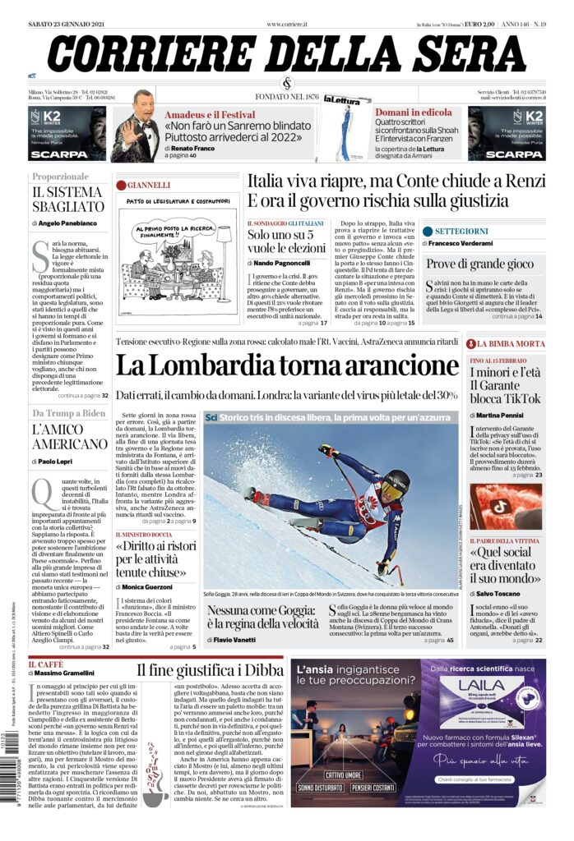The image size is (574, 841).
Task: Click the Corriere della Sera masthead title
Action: pos(287,54)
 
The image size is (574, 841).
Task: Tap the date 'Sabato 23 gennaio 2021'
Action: pos(69,25)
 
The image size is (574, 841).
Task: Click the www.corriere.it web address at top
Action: pos(287,25)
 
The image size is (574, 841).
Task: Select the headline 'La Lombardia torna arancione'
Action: pos(286,365)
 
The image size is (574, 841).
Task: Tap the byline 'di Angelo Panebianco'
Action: pos(63,223)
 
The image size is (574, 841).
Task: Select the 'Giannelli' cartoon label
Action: pos(148,185)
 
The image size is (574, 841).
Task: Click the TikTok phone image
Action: pos(506,506)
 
